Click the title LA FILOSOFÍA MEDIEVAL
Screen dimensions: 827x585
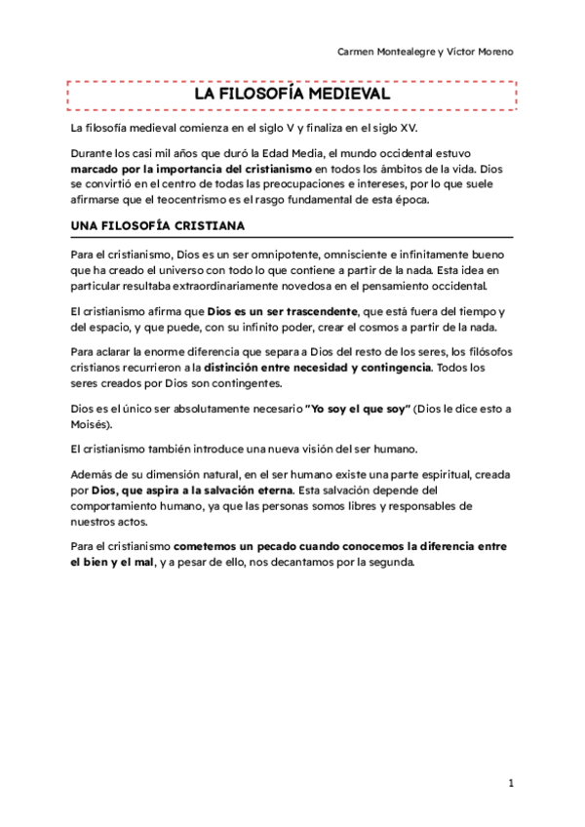292,95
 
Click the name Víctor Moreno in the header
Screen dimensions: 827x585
480,51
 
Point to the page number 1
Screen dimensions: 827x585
511,783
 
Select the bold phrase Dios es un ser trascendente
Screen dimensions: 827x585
275,310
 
